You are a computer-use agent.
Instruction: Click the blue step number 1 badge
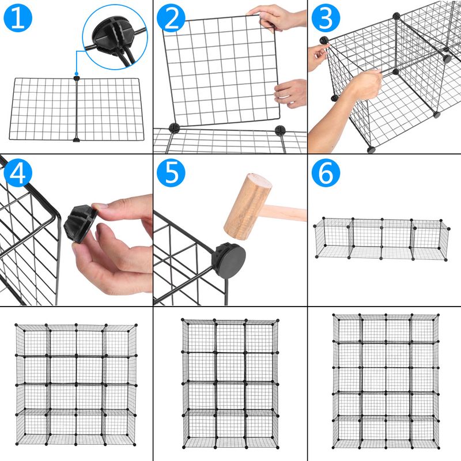(18, 18)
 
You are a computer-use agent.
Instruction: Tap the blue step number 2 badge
(172, 18)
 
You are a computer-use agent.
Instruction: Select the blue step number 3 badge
(326, 18)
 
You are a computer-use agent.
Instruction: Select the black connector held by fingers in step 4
(81, 225)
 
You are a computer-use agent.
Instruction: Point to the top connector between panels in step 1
(76, 78)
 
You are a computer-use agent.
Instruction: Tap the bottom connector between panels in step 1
(76, 138)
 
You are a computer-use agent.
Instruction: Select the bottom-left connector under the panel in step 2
(175, 128)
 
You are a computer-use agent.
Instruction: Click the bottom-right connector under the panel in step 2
(280, 130)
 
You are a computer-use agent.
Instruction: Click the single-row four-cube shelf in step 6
(381, 237)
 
